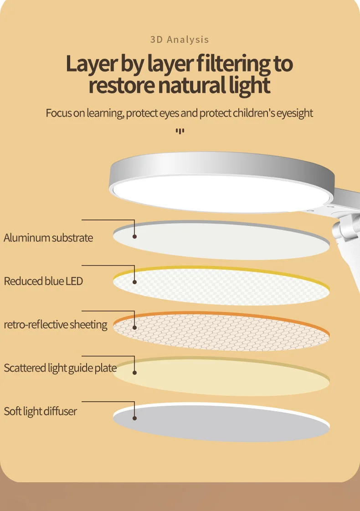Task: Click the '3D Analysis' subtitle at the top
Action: [x=180, y=40]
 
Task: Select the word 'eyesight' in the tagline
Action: [x=294, y=113]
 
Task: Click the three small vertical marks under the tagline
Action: [x=180, y=132]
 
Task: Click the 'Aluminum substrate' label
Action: [x=48, y=238]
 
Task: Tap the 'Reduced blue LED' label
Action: [x=43, y=281]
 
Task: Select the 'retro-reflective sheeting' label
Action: [x=56, y=325]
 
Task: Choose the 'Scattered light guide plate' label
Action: [x=60, y=368]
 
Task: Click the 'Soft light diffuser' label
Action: [x=41, y=411]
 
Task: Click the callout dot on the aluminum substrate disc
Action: [x=135, y=236]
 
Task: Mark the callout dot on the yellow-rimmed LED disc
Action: [x=135, y=282]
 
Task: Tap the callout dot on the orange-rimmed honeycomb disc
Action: [x=135, y=327]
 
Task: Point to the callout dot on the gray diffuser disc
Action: [x=135, y=418]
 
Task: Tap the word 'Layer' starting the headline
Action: [x=91, y=64]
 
